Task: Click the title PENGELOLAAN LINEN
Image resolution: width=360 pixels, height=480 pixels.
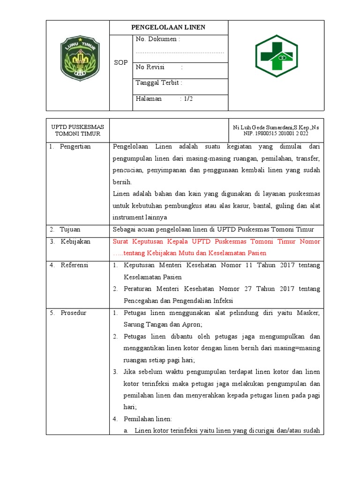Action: (169, 28)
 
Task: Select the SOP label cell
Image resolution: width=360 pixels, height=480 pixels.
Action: (121, 63)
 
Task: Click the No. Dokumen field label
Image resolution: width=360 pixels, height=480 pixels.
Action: (157, 39)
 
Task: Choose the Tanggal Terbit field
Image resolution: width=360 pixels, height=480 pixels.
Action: (159, 83)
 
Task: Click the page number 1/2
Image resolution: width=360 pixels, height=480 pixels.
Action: (188, 99)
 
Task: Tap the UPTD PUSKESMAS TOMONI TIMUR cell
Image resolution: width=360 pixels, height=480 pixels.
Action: (77, 130)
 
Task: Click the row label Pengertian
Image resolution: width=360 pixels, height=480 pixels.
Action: (75, 147)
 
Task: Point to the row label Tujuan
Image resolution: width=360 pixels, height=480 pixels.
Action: (70, 230)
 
